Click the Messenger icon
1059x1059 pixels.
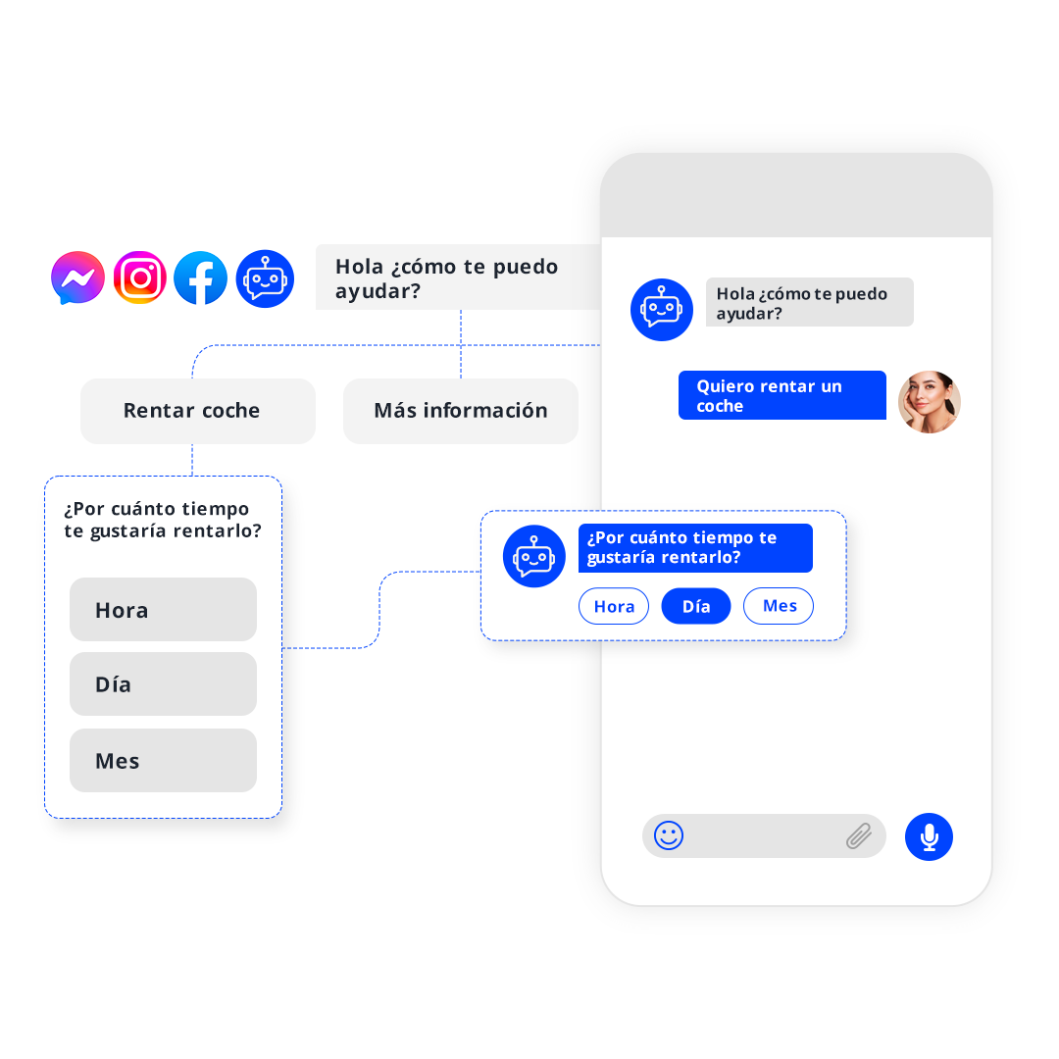78,278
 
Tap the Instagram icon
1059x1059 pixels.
140,278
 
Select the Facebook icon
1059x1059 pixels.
201,278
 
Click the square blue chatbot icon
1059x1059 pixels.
265,278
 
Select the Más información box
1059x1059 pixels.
460,411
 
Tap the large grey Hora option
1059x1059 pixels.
163,610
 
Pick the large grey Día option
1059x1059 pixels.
163,684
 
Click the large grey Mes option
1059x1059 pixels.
163,761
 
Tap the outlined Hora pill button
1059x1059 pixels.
614,606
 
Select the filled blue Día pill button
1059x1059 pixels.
696,606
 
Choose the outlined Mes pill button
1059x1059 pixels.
779,606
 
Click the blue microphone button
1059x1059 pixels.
929,836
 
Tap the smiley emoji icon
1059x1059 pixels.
669,835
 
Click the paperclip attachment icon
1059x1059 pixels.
859,836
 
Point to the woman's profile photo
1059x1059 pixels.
930,402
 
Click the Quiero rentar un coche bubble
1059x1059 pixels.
782,395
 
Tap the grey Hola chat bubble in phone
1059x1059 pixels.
809,302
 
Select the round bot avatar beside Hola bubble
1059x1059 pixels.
662,309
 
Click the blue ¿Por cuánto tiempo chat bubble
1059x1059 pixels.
694,547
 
